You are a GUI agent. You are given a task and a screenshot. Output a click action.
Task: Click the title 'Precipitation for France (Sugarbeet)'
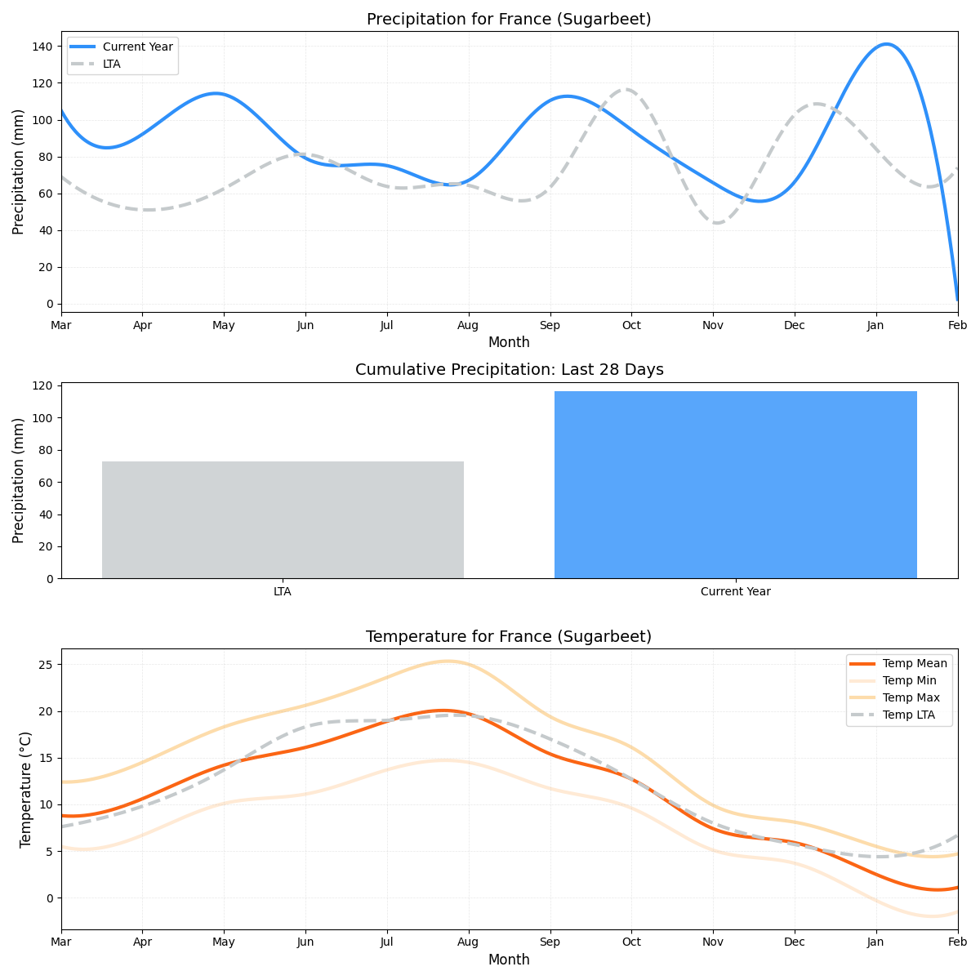[509, 20]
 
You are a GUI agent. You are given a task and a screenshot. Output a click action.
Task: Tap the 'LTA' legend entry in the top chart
[111, 64]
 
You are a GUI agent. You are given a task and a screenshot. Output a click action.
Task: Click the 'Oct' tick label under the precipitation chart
[631, 326]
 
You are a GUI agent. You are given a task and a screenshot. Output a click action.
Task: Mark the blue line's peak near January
[886, 44]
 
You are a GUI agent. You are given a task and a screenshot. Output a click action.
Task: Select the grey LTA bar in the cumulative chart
[283, 519]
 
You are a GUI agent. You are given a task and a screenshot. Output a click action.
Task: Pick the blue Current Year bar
[735, 485]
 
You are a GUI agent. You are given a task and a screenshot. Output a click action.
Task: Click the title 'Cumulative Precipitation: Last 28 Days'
[509, 370]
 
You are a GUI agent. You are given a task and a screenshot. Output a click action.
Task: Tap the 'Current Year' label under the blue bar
[735, 592]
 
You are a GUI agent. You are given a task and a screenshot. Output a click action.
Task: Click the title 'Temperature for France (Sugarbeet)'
[509, 637]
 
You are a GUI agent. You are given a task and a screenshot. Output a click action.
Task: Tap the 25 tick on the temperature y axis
[47, 665]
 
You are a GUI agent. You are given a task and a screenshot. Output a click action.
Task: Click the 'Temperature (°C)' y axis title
[26, 789]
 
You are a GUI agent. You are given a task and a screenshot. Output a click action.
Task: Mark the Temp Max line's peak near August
[447, 661]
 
